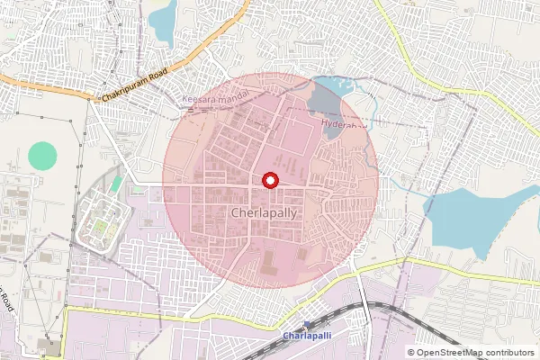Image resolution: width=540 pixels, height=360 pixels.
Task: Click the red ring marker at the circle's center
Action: pos(267,180)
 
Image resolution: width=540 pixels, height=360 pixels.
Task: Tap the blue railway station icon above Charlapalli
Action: pos(307,325)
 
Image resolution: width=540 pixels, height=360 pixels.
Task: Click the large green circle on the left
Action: pos(41,156)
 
